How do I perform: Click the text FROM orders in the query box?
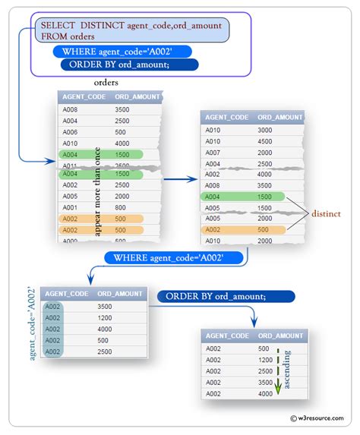(68, 36)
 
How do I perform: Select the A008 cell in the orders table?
(71, 109)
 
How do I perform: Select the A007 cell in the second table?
(214, 152)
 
